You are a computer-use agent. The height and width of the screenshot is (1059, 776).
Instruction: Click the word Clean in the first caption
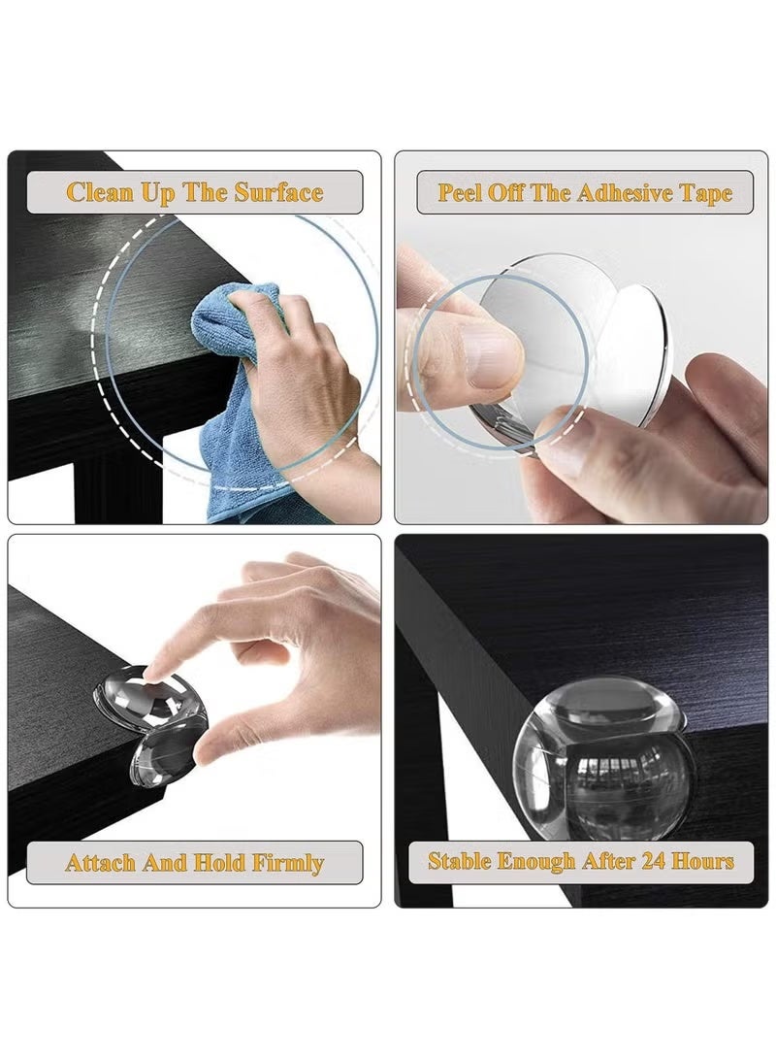pos(100,192)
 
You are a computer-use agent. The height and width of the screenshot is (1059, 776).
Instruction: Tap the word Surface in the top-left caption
pos(278,192)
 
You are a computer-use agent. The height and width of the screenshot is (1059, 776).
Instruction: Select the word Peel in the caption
pos(460,192)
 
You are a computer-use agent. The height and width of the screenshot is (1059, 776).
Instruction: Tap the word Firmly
pos(288,863)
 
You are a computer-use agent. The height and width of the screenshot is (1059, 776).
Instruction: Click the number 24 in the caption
pos(654,860)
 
